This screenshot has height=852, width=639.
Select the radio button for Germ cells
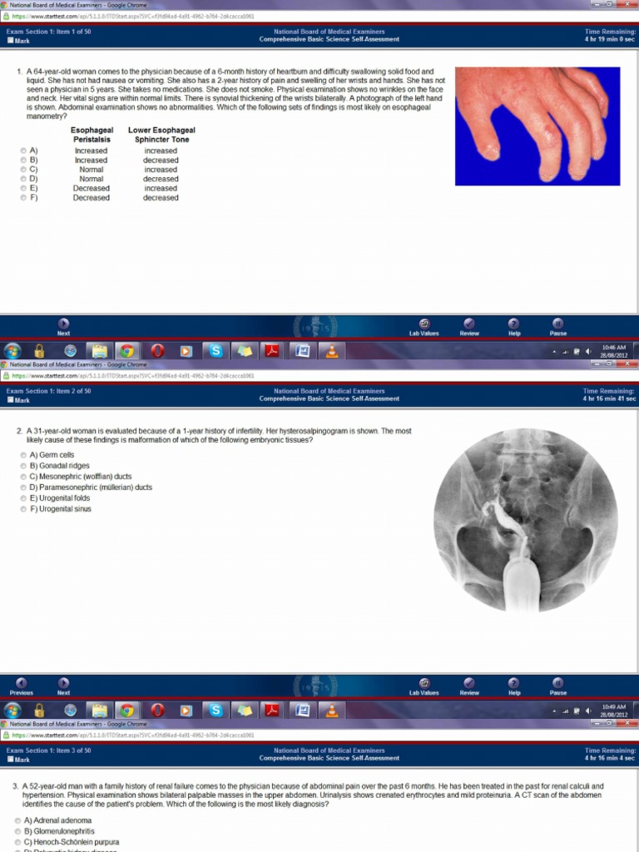pos(23,455)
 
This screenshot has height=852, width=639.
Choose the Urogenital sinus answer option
pos(23,509)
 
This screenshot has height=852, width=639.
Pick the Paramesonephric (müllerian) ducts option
pos(23,488)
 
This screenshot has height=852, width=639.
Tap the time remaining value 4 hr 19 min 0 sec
pos(610,39)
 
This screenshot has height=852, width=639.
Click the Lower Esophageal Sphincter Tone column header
pos(161,135)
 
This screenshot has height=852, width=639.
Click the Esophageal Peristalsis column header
pos(92,135)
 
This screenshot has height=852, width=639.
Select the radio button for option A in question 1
pos(23,151)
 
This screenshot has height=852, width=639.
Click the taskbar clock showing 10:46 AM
pos(613,350)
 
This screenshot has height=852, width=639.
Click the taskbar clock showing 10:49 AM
pos(613,710)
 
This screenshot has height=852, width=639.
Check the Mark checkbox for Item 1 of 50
pos(10,40)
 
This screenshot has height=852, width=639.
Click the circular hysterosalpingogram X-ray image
pos(525,520)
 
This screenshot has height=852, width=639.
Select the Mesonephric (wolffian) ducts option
pos(23,477)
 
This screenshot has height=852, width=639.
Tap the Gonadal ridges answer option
pos(23,466)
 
